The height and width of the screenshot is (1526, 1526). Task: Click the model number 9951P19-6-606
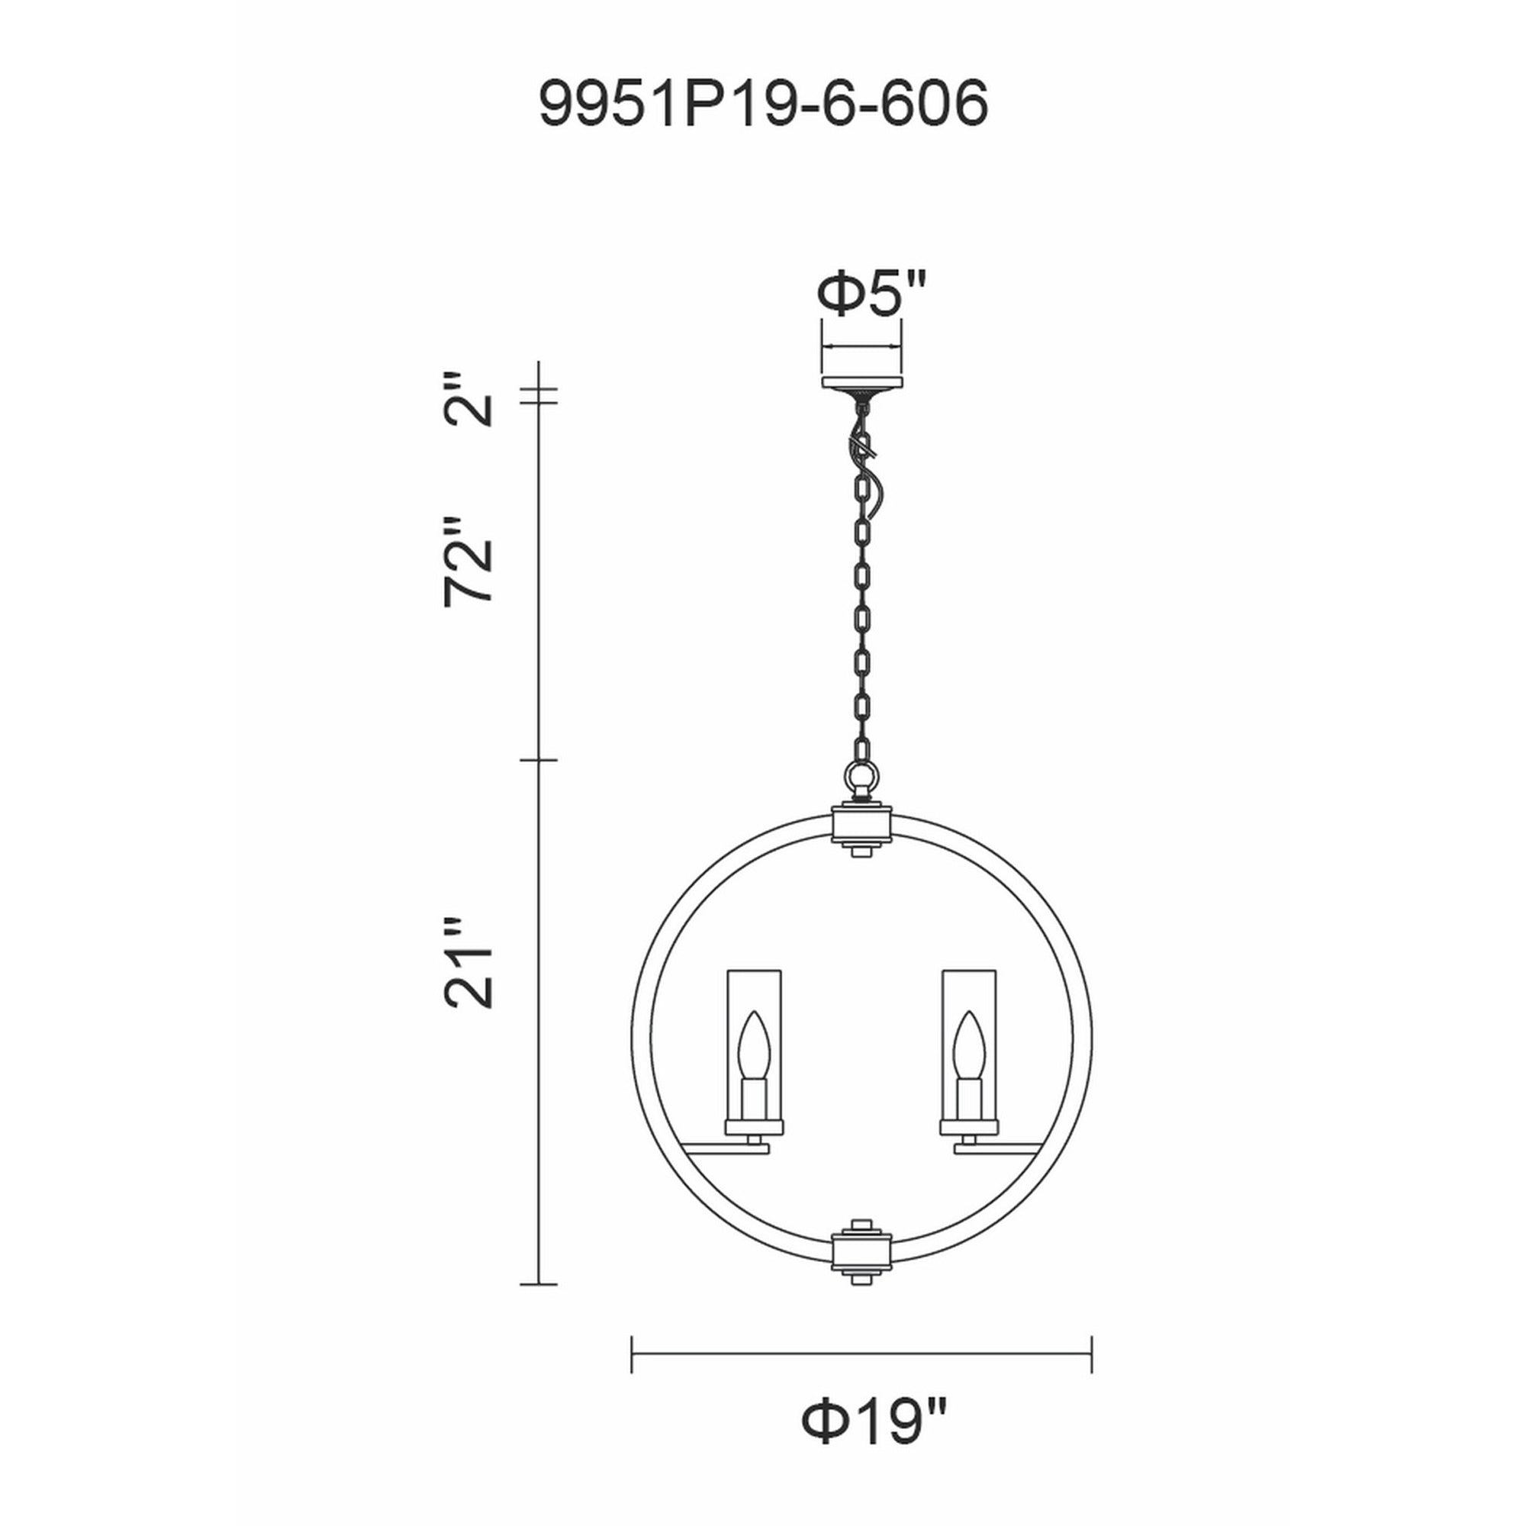[x=762, y=104]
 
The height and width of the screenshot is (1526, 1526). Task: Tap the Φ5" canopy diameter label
[x=869, y=294]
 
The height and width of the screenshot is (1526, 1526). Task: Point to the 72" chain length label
[x=468, y=562]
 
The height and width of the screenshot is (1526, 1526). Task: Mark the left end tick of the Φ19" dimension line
[x=632, y=1354]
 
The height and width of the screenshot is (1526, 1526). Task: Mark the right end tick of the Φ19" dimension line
[x=1092, y=1354]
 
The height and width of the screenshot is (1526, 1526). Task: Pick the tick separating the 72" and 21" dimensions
[x=539, y=761]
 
